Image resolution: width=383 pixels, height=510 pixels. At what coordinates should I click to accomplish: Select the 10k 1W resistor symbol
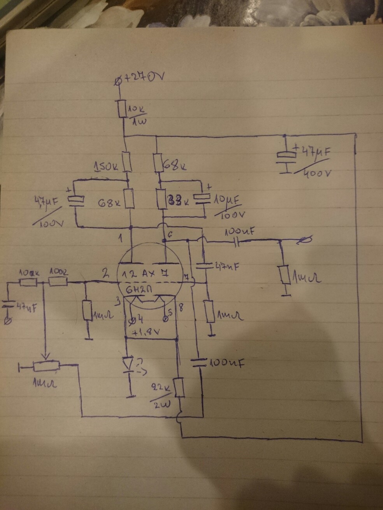pyautogui.click(x=121, y=108)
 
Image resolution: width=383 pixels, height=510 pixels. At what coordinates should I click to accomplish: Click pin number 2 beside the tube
pyautogui.click(x=106, y=274)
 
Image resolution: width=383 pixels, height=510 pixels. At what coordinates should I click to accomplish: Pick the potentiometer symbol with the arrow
pyautogui.click(x=46, y=366)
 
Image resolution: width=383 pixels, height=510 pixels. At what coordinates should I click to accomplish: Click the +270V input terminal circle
pyautogui.click(x=119, y=81)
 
